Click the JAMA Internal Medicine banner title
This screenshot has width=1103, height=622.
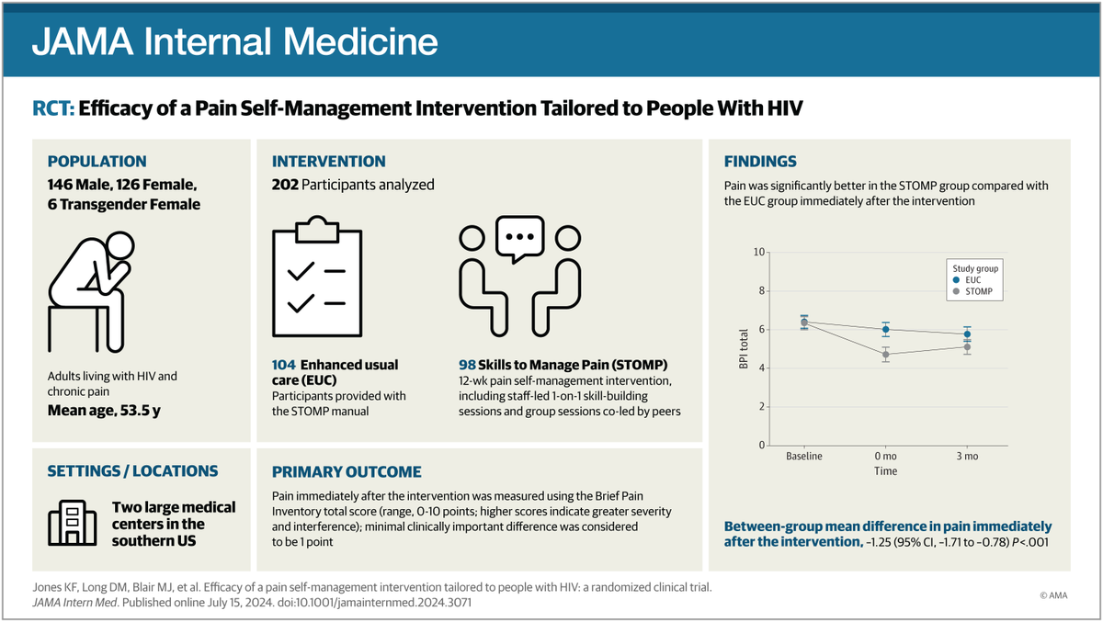234,41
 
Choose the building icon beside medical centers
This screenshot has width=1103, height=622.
72,523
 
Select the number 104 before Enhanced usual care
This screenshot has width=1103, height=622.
286,366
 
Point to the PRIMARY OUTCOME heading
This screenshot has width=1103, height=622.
347,472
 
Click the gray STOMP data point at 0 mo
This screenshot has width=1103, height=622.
886,354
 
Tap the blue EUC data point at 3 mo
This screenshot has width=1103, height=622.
967,334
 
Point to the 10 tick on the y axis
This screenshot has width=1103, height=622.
758,252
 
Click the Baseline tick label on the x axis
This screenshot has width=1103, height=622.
804,457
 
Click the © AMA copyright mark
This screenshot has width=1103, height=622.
1056,595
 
